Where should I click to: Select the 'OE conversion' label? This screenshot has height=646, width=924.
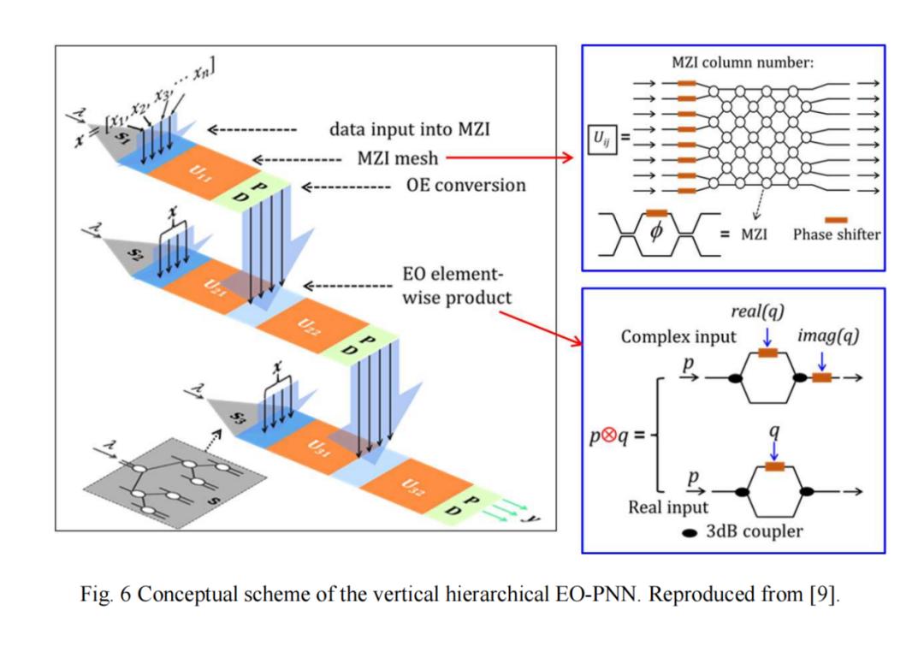point(465,185)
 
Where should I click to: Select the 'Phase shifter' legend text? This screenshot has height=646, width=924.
point(836,234)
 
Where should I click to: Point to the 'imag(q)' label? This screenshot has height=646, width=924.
point(827,335)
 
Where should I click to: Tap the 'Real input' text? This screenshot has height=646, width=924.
point(668,507)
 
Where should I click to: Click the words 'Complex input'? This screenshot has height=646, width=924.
point(678,336)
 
